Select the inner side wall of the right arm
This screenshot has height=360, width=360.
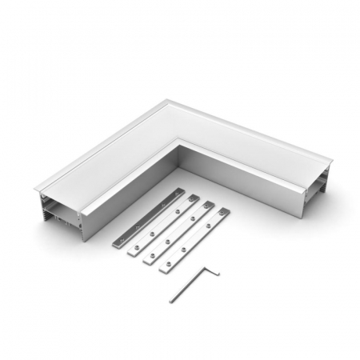240,180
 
